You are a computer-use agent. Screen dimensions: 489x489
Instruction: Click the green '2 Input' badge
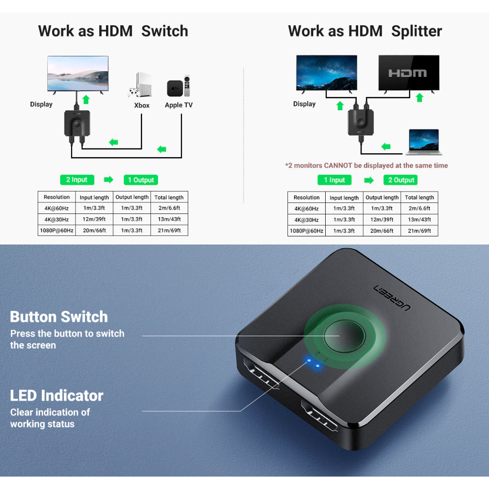click(x=77, y=180)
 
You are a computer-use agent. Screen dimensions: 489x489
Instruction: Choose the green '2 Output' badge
click(x=401, y=180)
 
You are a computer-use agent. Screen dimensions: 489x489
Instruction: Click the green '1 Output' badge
click(x=141, y=180)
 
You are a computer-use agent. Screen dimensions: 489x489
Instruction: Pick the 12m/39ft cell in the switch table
click(x=94, y=220)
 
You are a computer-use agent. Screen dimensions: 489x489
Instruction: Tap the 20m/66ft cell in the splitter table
click(x=382, y=231)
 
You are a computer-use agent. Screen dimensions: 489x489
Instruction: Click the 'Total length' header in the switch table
click(x=169, y=197)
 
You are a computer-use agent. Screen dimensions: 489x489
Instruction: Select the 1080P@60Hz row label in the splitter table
click(x=307, y=231)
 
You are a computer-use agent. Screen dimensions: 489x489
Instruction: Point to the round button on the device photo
click(x=340, y=335)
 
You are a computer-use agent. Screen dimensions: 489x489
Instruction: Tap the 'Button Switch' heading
click(x=59, y=317)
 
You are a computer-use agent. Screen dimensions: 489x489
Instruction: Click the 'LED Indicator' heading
click(x=57, y=395)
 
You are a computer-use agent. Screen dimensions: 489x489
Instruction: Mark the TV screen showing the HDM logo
click(x=408, y=73)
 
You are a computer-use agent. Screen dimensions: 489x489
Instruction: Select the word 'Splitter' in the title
click(x=416, y=32)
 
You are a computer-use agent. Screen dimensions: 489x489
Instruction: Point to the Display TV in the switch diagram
click(x=78, y=73)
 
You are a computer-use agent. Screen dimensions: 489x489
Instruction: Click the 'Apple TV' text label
click(x=179, y=105)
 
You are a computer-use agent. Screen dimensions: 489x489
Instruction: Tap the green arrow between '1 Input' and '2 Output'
click(x=369, y=180)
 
